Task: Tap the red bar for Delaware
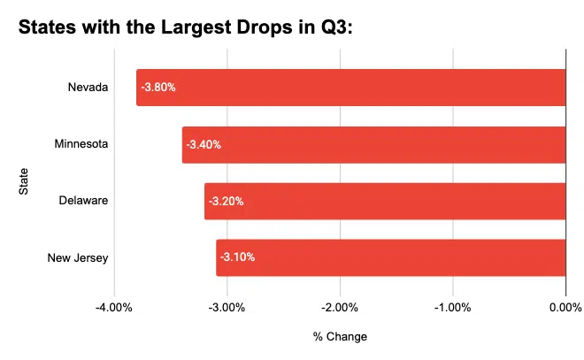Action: coord(385,201)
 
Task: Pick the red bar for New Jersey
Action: coord(390,257)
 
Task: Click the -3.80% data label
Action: coord(158,88)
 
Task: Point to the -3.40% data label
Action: coord(204,144)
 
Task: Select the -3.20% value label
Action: coord(226,201)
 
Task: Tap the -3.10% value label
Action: coord(237,257)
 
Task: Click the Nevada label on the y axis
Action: coord(88,88)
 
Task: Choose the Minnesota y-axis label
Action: coord(81,144)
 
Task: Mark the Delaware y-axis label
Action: coord(83,201)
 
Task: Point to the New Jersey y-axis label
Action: coord(79,257)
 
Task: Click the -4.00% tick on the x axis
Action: coord(114,308)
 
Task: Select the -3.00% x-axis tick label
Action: coord(227,308)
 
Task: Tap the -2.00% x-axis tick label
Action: coord(341,308)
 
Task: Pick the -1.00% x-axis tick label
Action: coord(453,308)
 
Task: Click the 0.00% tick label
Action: coord(565,308)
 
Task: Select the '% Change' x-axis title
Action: coord(340,337)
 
